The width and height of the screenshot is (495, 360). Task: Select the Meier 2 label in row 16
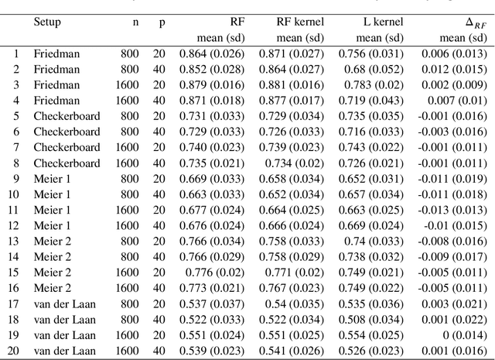[52, 288]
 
